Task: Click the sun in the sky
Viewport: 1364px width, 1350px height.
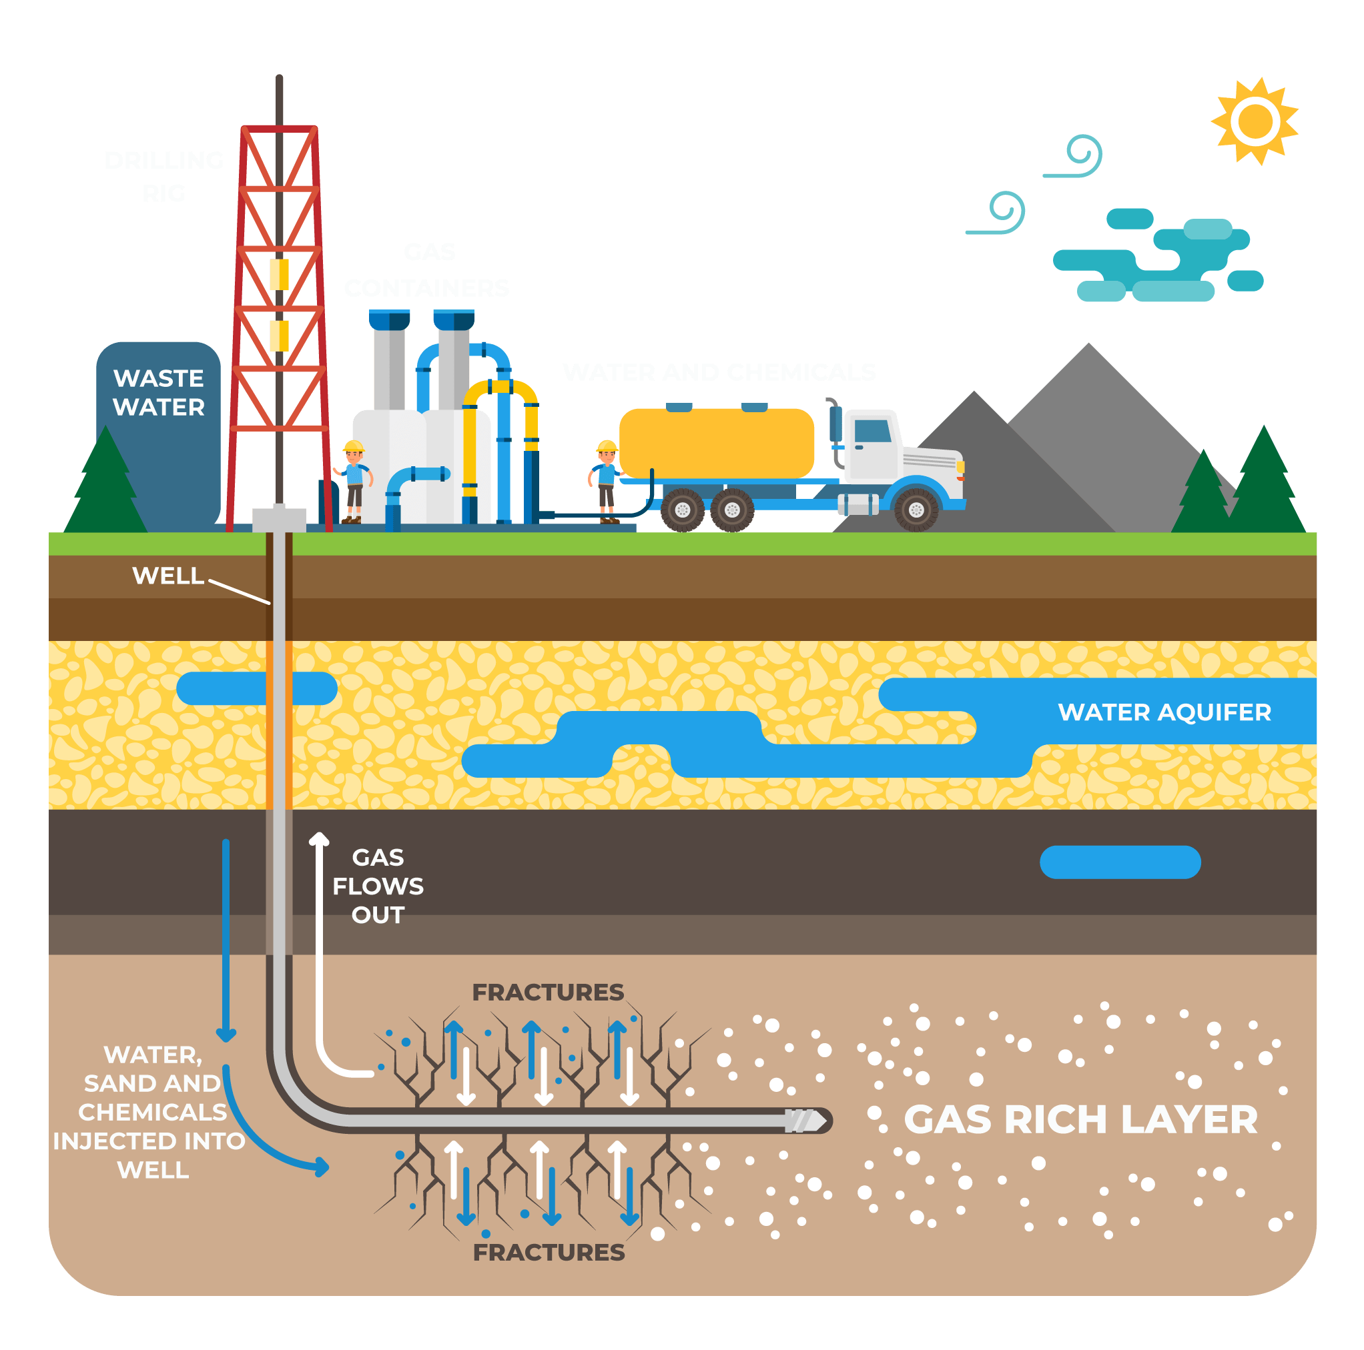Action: click(x=1255, y=121)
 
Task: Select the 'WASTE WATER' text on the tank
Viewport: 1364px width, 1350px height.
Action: click(x=158, y=392)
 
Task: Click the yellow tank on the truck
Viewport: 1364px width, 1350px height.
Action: click(x=716, y=442)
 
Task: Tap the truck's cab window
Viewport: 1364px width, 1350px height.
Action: click(x=873, y=430)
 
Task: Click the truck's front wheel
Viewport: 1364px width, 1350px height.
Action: click(x=916, y=509)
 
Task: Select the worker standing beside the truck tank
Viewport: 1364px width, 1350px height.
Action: click(x=606, y=482)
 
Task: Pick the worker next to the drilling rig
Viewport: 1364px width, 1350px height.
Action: click(x=353, y=482)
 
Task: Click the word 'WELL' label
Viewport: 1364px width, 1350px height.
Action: click(x=168, y=576)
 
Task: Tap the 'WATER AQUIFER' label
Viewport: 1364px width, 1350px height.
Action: click(x=1164, y=712)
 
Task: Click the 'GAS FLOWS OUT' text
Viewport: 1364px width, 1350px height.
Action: click(x=378, y=886)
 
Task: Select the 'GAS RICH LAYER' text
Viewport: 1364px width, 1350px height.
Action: click(x=1080, y=1119)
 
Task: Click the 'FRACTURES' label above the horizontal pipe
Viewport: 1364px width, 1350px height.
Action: click(x=548, y=992)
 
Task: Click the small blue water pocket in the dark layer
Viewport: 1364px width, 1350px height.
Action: click(x=1120, y=862)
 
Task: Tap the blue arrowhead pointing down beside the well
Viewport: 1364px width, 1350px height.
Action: click(x=226, y=1035)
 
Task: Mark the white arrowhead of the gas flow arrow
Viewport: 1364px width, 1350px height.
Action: click(x=319, y=838)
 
